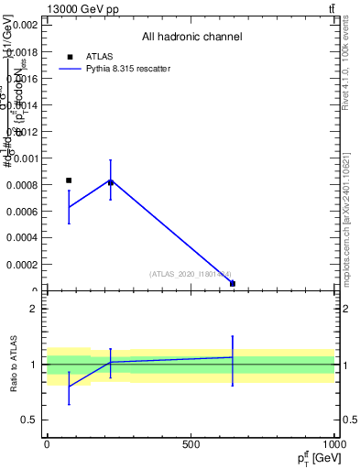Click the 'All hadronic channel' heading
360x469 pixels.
coord(191,38)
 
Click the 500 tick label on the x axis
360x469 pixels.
coord(191,443)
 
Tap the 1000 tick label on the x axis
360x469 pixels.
coord(334,443)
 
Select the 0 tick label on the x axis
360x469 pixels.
coord(47,443)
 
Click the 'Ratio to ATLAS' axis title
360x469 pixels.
coord(15,364)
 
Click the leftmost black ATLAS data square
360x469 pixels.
coord(69,180)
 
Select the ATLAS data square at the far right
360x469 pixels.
coord(233,284)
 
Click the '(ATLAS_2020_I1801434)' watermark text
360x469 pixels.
coord(191,273)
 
